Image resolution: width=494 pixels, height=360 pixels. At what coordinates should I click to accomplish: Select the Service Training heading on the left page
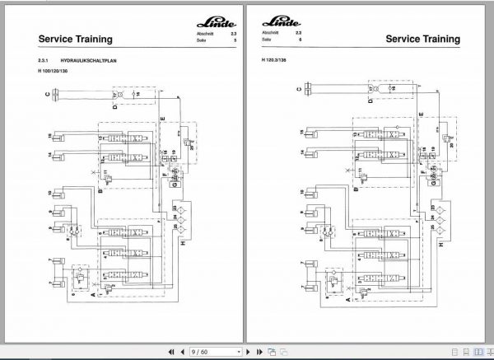coord(73,39)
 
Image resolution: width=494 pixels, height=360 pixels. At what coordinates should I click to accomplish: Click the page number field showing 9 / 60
coord(202,350)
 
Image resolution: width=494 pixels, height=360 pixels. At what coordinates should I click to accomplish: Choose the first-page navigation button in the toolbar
coord(171,350)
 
